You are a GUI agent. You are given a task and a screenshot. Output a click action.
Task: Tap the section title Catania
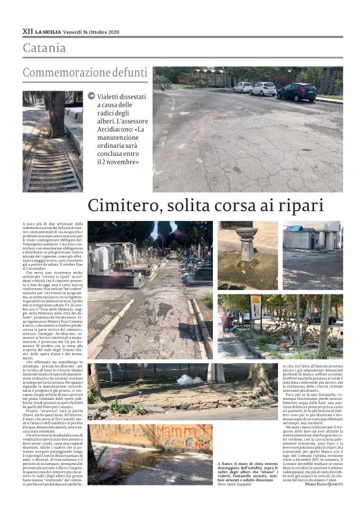click(x=44, y=48)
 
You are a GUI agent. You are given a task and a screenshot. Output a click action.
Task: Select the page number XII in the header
click(x=27, y=30)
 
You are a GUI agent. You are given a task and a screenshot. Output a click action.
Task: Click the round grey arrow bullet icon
click(x=91, y=96)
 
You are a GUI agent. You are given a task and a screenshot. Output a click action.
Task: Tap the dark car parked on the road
click(x=297, y=92)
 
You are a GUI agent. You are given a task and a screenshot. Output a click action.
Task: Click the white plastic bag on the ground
click(x=187, y=379)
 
